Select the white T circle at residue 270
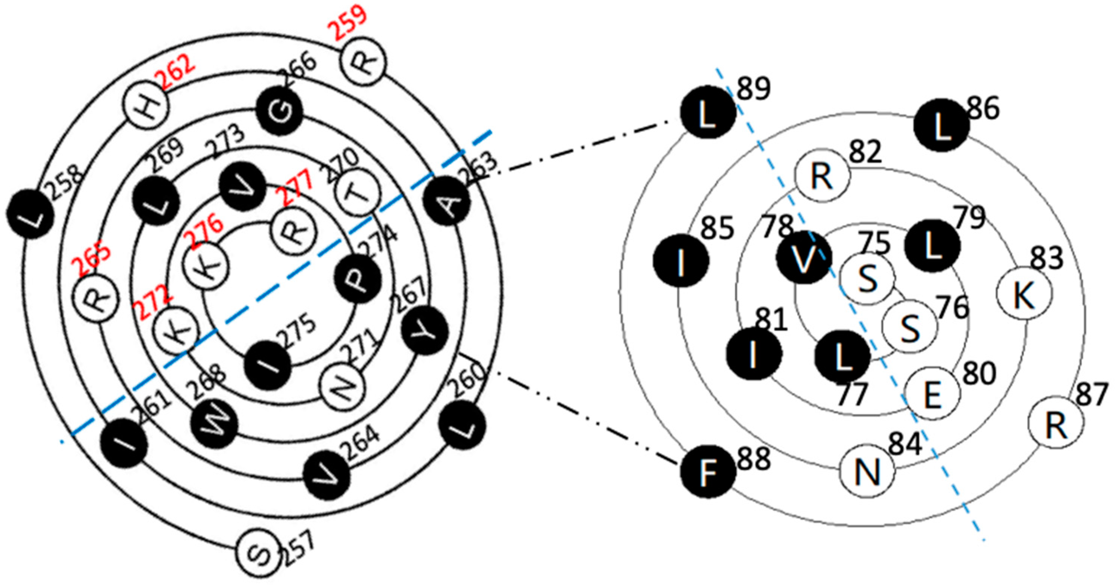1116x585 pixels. pos(358,193)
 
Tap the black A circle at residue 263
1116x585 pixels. pos(447,202)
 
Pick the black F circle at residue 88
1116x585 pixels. pos(708,473)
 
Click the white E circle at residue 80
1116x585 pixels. pos(933,394)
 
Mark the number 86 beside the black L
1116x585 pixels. pos(983,109)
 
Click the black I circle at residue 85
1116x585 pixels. pos(681,260)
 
